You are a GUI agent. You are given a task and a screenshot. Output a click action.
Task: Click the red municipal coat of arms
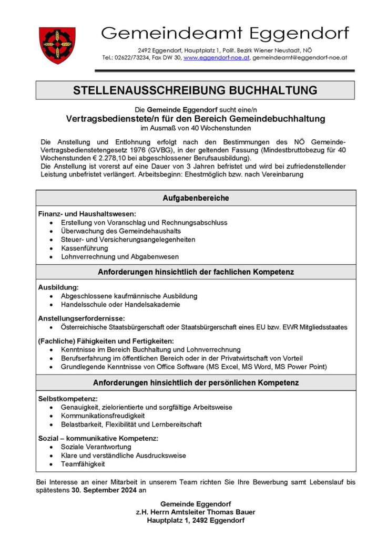[57, 46]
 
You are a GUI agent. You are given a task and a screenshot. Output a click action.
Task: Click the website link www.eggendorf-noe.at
[216, 57]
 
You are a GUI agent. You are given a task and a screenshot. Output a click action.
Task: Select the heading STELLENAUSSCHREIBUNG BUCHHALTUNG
[195, 90]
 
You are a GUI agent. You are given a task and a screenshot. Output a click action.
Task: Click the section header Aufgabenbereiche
[195, 198]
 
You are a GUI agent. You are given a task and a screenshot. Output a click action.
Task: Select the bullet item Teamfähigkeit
[83, 464]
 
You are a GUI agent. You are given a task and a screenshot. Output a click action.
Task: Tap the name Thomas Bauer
[231, 512]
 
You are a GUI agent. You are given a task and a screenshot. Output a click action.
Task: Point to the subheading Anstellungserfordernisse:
[81, 318]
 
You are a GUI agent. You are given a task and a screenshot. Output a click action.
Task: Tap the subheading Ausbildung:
[58, 287]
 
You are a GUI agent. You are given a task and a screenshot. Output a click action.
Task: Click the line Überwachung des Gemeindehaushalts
[120, 231]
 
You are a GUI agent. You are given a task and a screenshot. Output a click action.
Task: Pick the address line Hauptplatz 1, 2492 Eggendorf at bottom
[196, 521]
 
